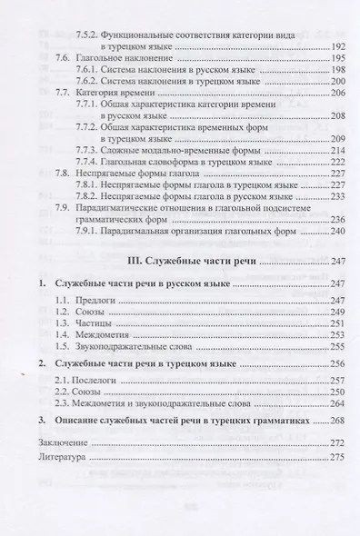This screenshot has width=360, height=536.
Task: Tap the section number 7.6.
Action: click(x=63, y=56)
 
